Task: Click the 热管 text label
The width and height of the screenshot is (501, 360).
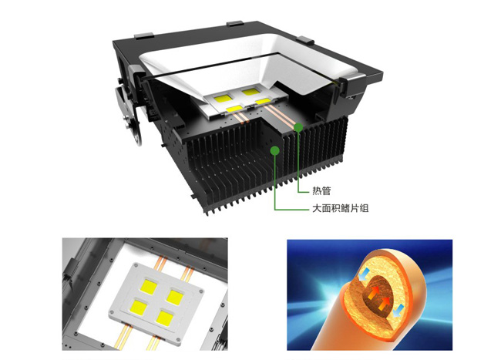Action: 321,191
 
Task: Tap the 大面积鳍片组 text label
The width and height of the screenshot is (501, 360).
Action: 340,208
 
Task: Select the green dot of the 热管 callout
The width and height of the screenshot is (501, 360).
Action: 298,127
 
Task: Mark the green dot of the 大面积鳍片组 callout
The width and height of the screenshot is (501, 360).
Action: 274,150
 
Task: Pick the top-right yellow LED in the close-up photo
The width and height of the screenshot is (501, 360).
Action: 176,297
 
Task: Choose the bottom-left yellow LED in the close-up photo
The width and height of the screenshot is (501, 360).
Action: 138,308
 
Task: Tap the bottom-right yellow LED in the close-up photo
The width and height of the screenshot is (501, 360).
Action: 164,318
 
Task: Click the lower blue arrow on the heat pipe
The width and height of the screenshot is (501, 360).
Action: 398,311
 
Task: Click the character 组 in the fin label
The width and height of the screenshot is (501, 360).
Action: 365,208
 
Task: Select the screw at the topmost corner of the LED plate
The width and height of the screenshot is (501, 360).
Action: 136,265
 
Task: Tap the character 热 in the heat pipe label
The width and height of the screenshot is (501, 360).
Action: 317,191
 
